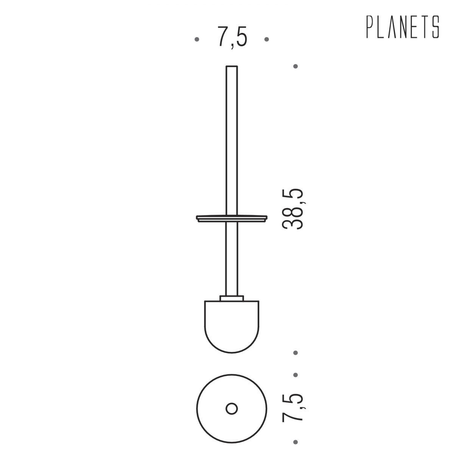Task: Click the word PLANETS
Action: click(x=403, y=27)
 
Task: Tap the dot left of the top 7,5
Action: click(x=197, y=39)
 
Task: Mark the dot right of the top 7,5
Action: click(x=267, y=39)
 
